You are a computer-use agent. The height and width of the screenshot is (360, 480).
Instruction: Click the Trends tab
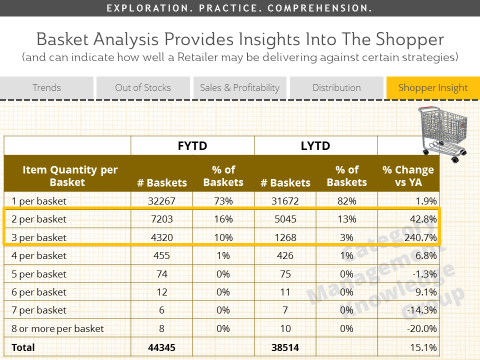(46, 88)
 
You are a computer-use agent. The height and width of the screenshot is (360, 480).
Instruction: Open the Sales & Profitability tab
(238, 88)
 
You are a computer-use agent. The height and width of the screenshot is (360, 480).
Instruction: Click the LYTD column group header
(316, 146)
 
